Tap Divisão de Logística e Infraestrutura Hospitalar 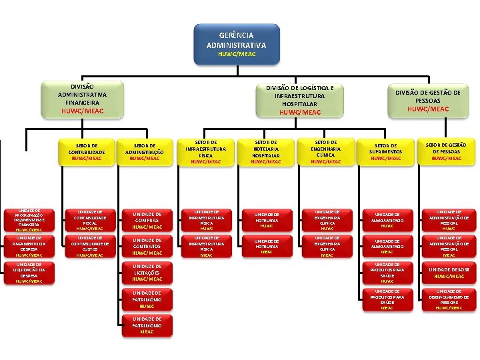pos(299,100)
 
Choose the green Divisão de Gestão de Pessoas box pos(427,101)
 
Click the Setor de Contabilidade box pos(87,152)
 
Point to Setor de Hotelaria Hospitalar pos(266,152)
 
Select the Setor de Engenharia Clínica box pos(326,152)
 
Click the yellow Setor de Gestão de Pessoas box pos(446,152)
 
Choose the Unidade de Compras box pos(147,219)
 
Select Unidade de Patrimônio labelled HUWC pos(147,299)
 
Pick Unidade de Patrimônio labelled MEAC pos(147,325)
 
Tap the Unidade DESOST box pos(446,273)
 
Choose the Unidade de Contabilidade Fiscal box pos(87,219)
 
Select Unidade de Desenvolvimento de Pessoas pos(446,299)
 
